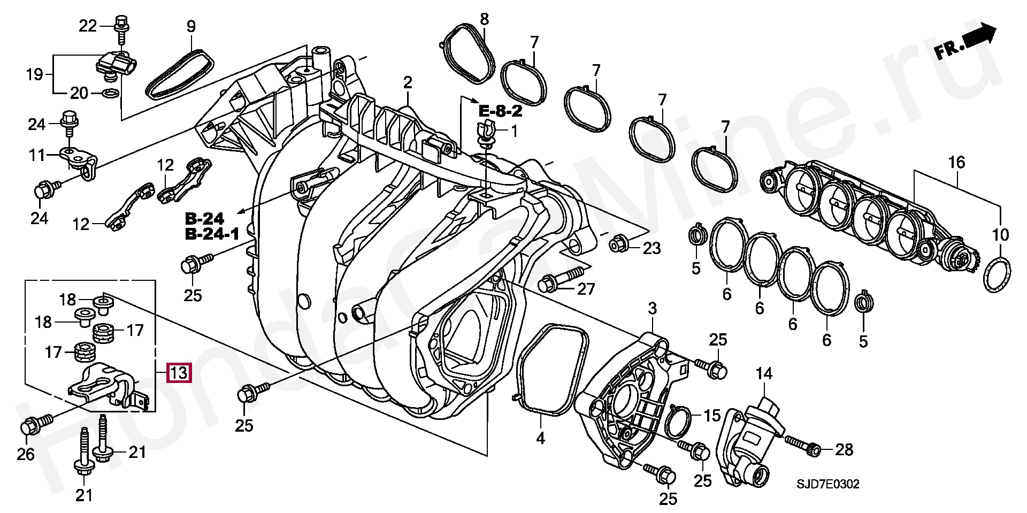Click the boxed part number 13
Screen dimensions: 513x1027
tap(179, 372)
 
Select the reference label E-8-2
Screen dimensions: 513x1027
tap(500, 111)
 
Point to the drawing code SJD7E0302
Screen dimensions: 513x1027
tap(827, 484)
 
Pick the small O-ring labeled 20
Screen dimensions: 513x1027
tap(110, 94)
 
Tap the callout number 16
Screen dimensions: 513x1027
tap(956, 162)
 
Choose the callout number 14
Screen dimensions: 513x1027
tap(764, 374)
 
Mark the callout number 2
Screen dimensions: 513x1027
tap(408, 83)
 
